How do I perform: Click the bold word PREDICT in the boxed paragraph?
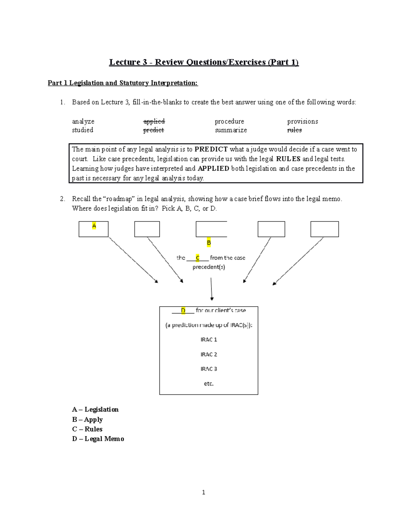211,149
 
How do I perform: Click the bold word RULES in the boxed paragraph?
288,159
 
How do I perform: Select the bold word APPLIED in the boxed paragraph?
213,168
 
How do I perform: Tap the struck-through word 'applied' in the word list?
154,121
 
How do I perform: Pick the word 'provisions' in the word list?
302,121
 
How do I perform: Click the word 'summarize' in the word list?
231,130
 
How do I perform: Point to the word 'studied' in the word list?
83,130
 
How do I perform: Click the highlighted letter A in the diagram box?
94,226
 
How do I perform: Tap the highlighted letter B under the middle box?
209,243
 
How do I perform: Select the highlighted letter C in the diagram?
198,258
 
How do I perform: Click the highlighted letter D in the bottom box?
183,310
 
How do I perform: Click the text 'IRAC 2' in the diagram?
208,354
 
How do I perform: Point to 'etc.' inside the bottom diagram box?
208,384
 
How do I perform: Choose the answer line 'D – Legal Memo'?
98,439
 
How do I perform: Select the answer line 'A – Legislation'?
95,409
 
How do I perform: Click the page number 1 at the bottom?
203,492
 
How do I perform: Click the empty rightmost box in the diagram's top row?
324,229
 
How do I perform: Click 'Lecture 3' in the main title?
128,62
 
